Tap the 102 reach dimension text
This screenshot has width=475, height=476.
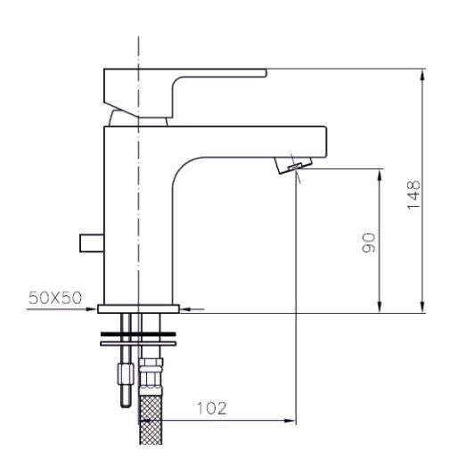(x=209, y=408)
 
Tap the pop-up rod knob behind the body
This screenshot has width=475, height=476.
(x=90, y=242)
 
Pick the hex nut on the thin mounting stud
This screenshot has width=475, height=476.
(x=123, y=366)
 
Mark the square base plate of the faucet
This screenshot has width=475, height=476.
(x=139, y=308)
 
